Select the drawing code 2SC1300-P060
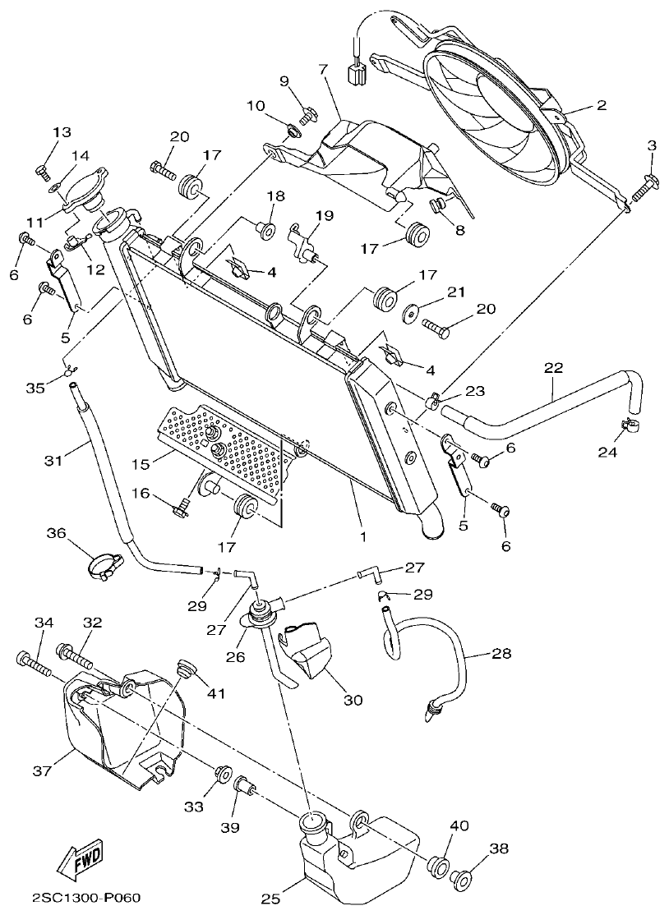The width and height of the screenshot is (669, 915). (81, 899)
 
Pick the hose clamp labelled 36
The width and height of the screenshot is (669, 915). (104, 566)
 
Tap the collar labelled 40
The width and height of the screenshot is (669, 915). (437, 866)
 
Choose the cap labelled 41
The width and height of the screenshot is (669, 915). (186, 669)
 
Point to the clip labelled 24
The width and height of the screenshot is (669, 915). (630, 426)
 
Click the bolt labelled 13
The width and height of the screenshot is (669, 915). (43, 171)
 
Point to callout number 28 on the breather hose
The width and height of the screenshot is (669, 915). (501, 654)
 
